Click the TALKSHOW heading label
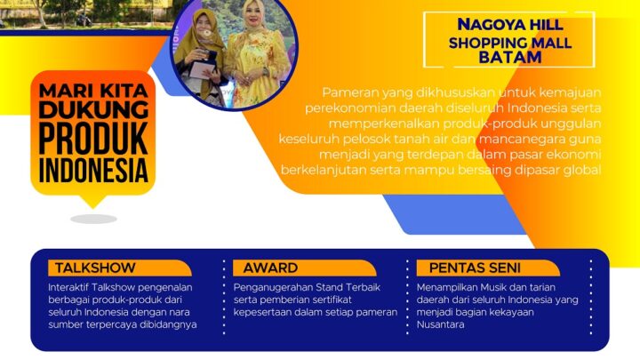coord(95,268)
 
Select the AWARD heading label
coord(272,268)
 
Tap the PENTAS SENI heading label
coord(476,268)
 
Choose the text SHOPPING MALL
coord(509,42)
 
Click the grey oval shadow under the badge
coord(93,219)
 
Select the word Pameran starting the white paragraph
coord(350,92)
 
